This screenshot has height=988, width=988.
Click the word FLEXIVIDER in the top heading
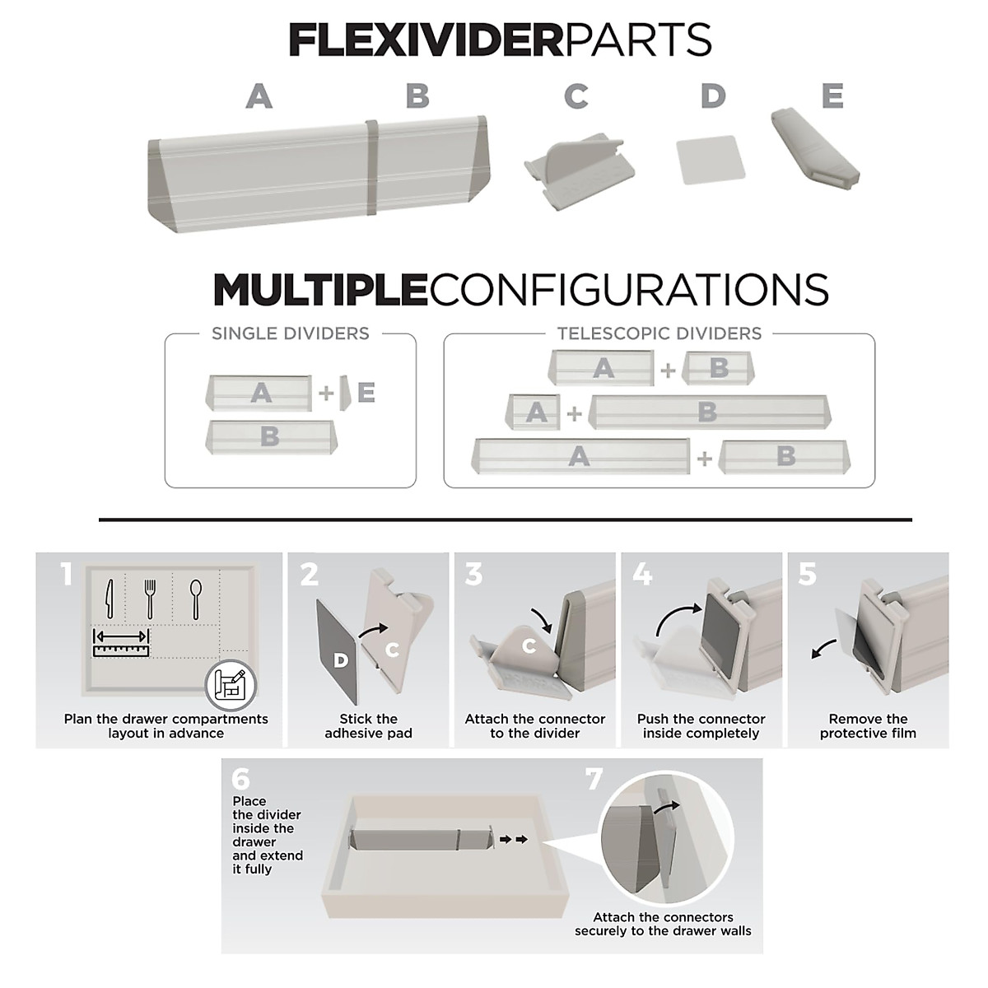(x=426, y=40)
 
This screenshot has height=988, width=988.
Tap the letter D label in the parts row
(x=713, y=96)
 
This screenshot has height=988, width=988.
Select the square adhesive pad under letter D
(x=710, y=159)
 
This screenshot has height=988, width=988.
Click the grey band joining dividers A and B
(x=372, y=166)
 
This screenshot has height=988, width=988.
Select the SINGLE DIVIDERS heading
(x=290, y=333)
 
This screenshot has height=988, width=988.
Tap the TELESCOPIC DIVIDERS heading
(x=659, y=333)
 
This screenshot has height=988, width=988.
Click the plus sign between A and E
(x=327, y=394)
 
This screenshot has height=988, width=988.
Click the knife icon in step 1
(x=108, y=599)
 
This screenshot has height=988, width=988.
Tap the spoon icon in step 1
(x=196, y=599)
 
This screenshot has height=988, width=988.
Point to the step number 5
(x=808, y=575)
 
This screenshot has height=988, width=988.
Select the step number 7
(x=594, y=779)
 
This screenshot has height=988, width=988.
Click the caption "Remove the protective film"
(x=868, y=726)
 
